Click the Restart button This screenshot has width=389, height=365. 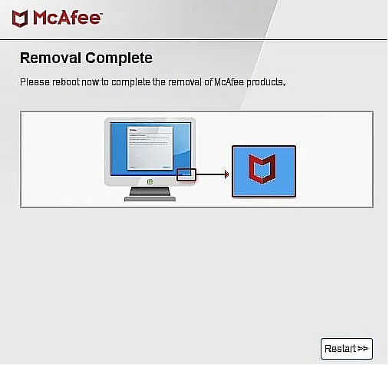(x=347, y=348)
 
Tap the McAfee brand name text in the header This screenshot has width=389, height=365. (x=67, y=18)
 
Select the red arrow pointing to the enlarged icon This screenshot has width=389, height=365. (x=214, y=174)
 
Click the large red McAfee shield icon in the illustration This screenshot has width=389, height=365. (x=263, y=170)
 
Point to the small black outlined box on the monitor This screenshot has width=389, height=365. (x=186, y=174)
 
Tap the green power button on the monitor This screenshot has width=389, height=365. (x=150, y=182)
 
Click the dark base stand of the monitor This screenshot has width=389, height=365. (x=150, y=197)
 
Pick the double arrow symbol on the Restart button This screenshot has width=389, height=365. (x=364, y=348)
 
